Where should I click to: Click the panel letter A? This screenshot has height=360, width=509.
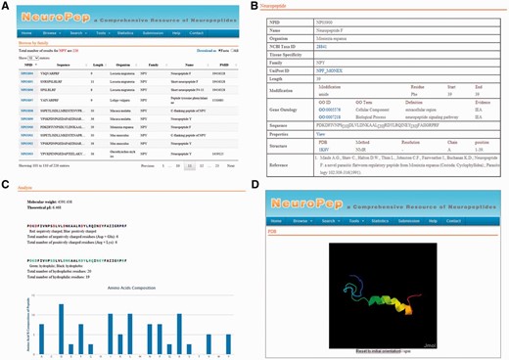click(6, 6)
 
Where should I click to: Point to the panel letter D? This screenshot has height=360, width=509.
click(256, 184)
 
